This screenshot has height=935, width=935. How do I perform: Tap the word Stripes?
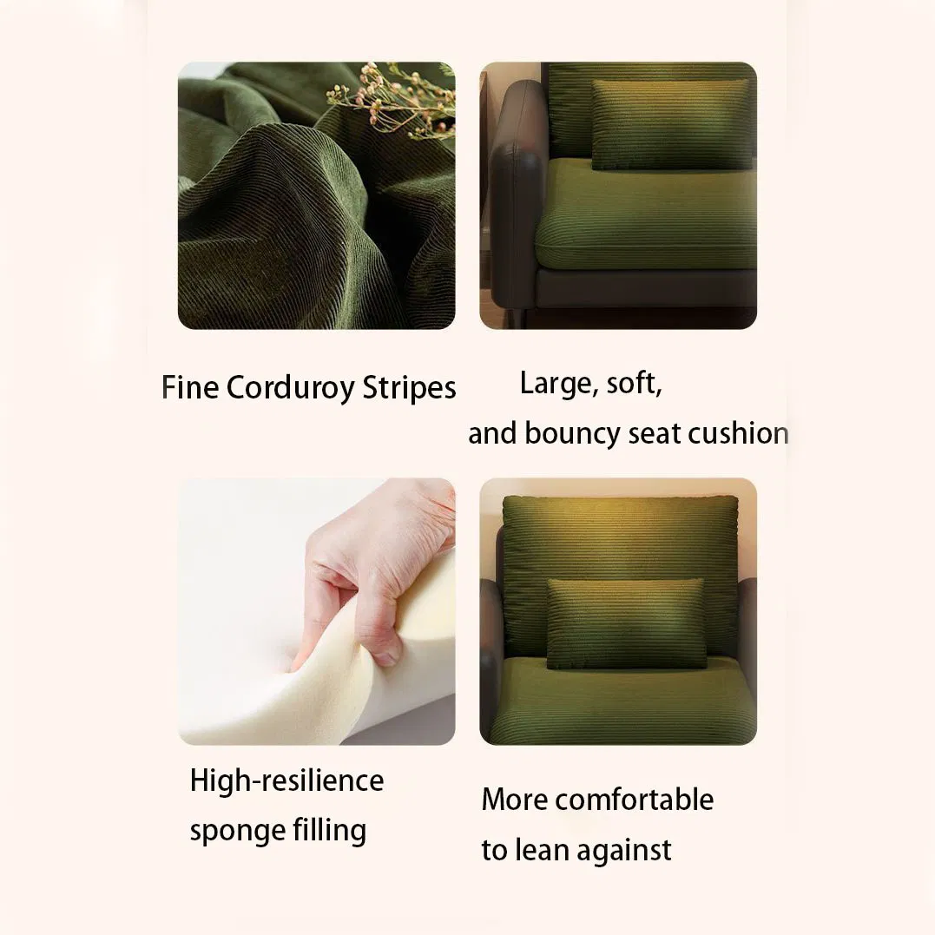[x=409, y=388]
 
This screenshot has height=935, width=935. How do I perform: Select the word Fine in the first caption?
[x=190, y=387]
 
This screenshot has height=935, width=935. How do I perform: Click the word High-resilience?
[x=286, y=780]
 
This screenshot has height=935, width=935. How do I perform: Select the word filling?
[x=329, y=830]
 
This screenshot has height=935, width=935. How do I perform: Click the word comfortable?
[x=635, y=800]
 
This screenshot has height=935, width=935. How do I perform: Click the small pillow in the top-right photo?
[x=672, y=123]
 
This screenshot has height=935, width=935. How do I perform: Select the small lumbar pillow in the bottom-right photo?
[x=626, y=622]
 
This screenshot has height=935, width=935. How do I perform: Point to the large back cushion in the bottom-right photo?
[x=620, y=572]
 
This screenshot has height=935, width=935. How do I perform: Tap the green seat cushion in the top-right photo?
[x=645, y=214]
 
